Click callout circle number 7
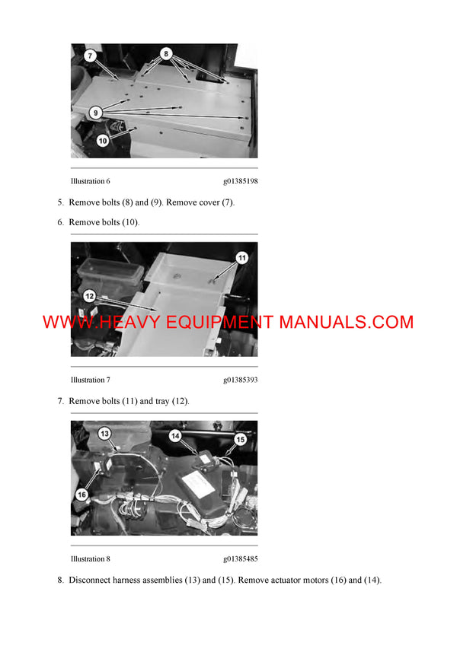pyautogui.click(x=89, y=56)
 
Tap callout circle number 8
pyautogui.click(x=166, y=54)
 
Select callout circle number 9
pyautogui.click(x=95, y=113)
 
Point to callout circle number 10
pyautogui.click(x=102, y=140)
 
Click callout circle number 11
pyautogui.click(x=241, y=258)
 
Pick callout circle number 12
pyautogui.click(x=89, y=296)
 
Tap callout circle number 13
pyautogui.click(x=105, y=433)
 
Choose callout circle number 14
pyautogui.click(x=174, y=436)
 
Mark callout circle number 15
pyautogui.click(x=240, y=439)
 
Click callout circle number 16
pyautogui.click(x=81, y=494)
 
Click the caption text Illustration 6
pyautogui.click(x=91, y=181)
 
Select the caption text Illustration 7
pyautogui.click(x=91, y=380)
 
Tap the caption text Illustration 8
pyautogui.click(x=91, y=558)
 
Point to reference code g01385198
pyautogui.click(x=240, y=181)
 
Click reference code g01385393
pyautogui.click(x=240, y=380)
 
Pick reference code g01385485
pyautogui.click(x=240, y=558)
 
